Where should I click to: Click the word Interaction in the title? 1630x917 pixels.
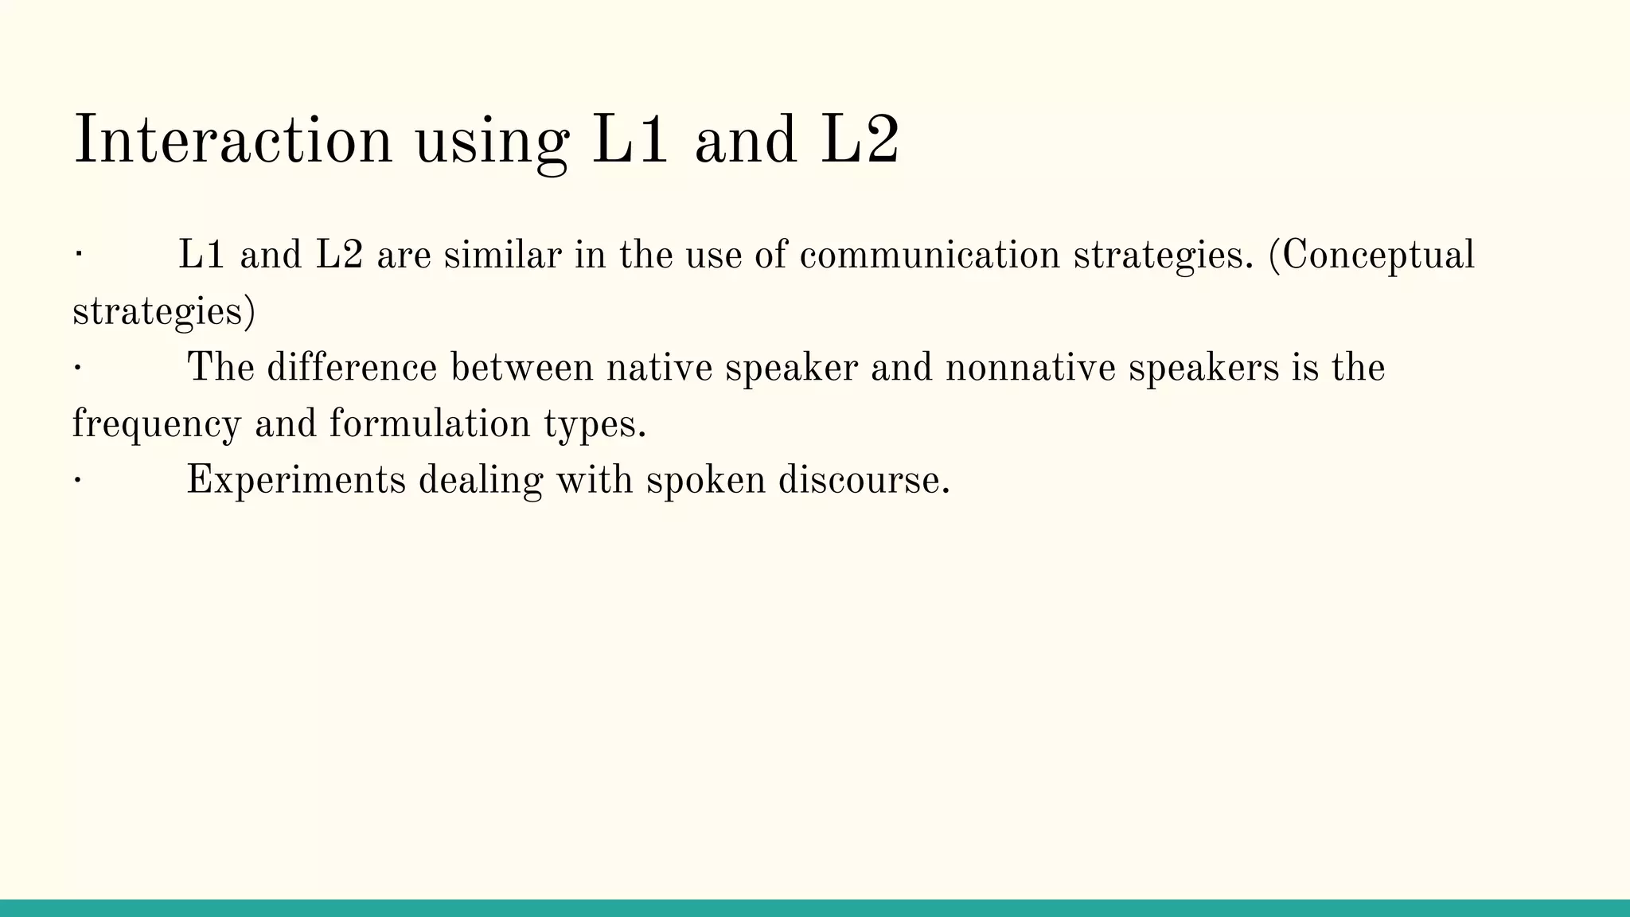coord(232,140)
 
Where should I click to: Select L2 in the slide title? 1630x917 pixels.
coord(860,140)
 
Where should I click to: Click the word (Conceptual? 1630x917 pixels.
coord(1371,256)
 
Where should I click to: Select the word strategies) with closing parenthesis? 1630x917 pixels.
coord(164,311)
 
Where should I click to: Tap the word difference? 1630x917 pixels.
coord(352,368)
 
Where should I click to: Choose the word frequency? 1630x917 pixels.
coord(156,423)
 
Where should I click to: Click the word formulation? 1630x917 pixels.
coord(430,423)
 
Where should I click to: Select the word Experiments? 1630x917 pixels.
coord(296,480)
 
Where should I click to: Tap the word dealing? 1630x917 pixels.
coord(480,480)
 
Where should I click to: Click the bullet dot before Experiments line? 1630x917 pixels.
coord(77,480)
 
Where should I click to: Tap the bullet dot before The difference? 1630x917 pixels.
coord(77,368)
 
